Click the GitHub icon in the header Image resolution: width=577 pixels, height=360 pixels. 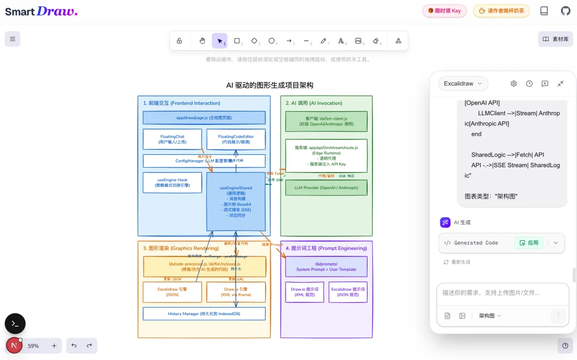click(x=565, y=11)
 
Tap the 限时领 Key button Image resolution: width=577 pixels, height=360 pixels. click(x=445, y=11)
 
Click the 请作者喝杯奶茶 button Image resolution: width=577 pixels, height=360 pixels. click(x=501, y=11)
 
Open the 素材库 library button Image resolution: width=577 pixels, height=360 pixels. click(x=556, y=39)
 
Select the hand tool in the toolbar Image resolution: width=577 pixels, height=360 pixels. click(x=202, y=41)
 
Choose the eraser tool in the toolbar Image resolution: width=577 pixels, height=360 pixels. click(x=376, y=41)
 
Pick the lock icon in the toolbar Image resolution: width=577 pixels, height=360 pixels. click(x=180, y=41)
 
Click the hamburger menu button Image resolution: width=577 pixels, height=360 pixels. click(x=12, y=39)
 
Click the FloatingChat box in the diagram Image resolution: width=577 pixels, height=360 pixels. click(x=172, y=139)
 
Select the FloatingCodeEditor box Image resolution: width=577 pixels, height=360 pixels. click(x=236, y=139)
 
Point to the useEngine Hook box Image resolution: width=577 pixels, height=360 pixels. click(x=172, y=182)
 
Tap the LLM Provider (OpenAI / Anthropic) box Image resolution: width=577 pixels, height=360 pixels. click(x=326, y=187)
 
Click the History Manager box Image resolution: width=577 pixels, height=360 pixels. click(x=204, y=314)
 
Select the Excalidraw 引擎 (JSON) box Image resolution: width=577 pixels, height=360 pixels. click(x=172, y=292)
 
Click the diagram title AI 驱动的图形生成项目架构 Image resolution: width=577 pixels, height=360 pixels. click(x=270, y=85)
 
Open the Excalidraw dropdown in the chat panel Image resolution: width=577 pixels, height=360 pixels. click(x=463, y=83)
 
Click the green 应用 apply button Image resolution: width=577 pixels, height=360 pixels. click(x=529, y=242)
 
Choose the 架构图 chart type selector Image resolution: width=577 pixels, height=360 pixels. click(x=490, y=316)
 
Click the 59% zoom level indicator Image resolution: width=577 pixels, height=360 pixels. click(x=33, y=346)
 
